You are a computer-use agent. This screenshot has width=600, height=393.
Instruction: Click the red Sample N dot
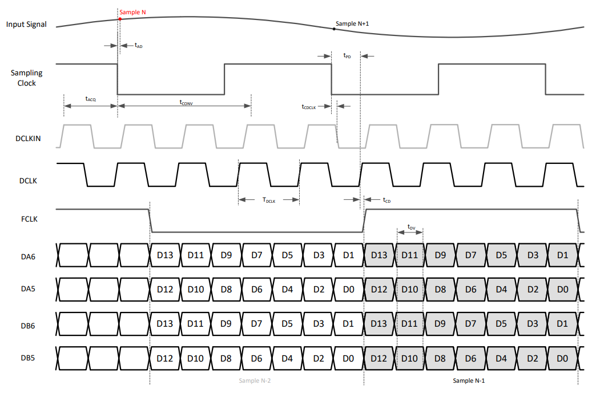click(120, 19)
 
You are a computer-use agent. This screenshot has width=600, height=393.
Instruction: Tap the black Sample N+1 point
click(334, 29)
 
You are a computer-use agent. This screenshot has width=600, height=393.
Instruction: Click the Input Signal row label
click(26, 25)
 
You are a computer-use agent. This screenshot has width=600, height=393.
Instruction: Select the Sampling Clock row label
click(26, 78)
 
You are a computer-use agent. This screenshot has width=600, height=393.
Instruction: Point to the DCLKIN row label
click(26, 138)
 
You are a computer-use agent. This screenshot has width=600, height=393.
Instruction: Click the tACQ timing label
click(91, 99)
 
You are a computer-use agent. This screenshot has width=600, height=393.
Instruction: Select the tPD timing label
click(347, 55)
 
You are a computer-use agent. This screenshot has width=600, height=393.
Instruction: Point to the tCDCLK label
click(309, 106)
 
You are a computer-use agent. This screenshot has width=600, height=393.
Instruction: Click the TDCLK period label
click(269, 200)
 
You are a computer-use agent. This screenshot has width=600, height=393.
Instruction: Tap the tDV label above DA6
click(411, 227)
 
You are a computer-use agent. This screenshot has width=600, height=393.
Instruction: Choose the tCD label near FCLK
click(387, 200)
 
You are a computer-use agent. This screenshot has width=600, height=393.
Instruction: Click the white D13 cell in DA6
click(164, 255)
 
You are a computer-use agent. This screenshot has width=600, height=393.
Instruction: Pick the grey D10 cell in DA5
click(409, 290)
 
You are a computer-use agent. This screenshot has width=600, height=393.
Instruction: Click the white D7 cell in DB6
click(256, 324)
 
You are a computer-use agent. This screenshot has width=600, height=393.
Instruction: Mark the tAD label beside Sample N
click(138, 45)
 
